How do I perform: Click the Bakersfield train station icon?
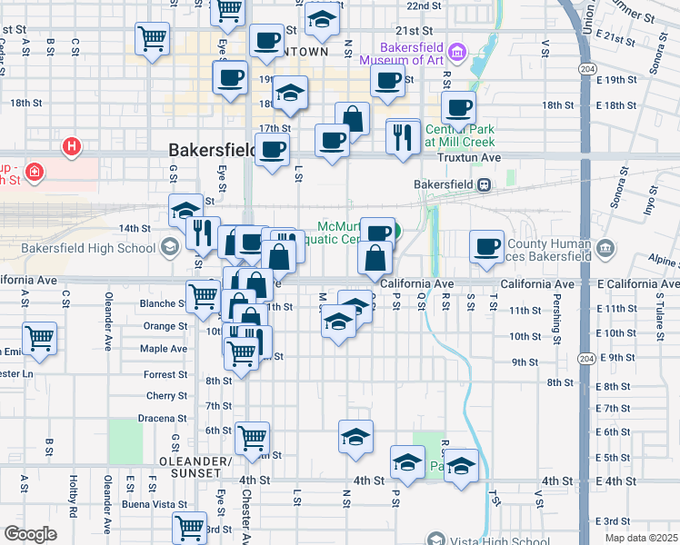[x=485, y=184]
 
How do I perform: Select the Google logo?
[x=30, y=534]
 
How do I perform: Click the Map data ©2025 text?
[x=640, y=538]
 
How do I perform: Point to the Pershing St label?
[x=555, y=321]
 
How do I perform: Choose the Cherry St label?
[x=166, y=396]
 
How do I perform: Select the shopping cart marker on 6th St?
[x=252, y=438]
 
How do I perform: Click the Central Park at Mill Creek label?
[x=460, y=135]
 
